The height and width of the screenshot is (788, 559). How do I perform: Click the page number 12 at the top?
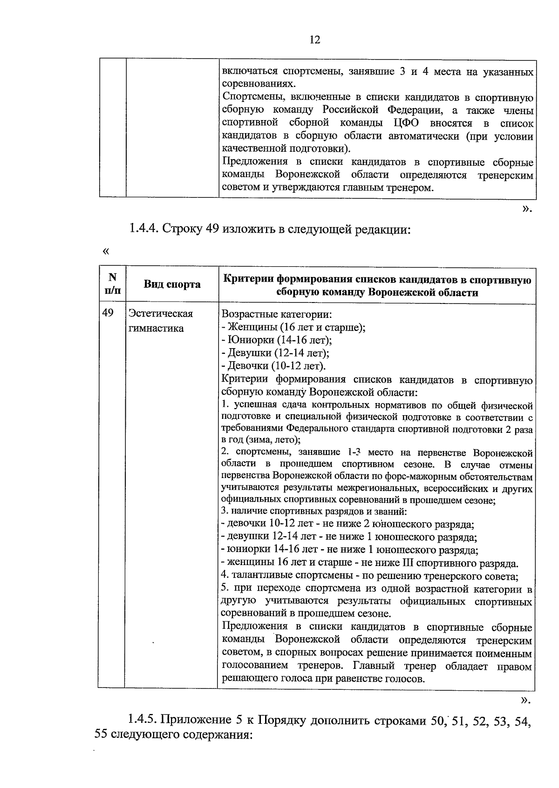point(315,40)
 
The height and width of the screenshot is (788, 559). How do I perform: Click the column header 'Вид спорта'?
point(172,284)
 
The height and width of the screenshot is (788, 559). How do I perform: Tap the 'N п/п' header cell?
point(112,284)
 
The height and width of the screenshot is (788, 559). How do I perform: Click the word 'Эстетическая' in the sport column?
point(161,314)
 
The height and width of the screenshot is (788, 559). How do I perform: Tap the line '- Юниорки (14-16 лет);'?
point(277,340)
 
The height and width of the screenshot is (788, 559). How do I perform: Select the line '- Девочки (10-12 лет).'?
point(274,365)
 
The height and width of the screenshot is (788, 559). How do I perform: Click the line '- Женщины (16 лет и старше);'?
point(293,327)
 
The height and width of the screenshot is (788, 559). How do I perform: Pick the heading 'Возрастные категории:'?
point(277,314)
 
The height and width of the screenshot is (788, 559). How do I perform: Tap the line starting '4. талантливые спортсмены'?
point(370,576)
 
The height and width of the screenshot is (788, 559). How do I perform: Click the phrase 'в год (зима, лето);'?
point(261,439)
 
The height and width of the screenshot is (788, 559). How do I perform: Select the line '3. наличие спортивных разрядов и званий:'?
point(314,512)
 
